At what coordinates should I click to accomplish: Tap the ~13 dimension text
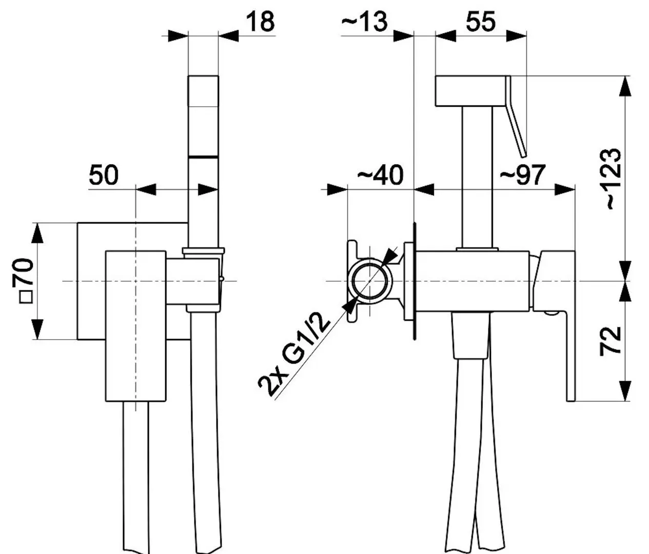[x=364, y=22]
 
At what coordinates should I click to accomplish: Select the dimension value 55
[x=480, y=22]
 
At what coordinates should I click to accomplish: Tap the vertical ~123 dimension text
[x=610, y=179]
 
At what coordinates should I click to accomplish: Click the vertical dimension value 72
[x=610, y=341]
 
